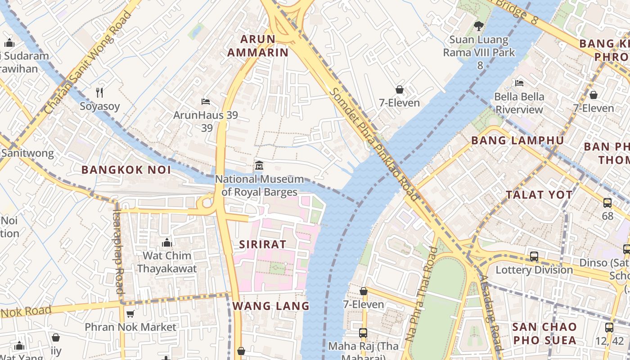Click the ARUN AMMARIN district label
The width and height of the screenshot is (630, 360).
pos(257,45)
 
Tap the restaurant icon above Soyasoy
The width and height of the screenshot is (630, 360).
pos(99,93)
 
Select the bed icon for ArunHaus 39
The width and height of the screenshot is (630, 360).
pos(206,102)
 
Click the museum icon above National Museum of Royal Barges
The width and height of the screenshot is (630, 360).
pos(259,166)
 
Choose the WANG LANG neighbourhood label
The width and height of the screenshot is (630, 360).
pos(271,306)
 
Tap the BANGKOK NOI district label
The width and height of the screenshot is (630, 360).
pos(126,170)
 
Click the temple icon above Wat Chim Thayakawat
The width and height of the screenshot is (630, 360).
pos(167,243)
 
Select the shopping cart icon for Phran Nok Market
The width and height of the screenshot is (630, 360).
pos(130,314)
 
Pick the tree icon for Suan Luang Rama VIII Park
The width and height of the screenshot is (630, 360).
pos(479,26)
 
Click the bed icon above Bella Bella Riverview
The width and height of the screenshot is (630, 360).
pos(519,83)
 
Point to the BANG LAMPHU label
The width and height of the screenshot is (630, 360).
pos(517,140)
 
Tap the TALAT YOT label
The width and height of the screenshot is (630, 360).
pos(539,195)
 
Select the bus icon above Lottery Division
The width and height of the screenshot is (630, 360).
pos(534,256)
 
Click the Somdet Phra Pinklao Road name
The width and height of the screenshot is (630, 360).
pos(374,144)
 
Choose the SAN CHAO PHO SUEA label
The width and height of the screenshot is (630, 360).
pos(544,333)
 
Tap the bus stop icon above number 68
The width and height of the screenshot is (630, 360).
pos(607,203)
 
